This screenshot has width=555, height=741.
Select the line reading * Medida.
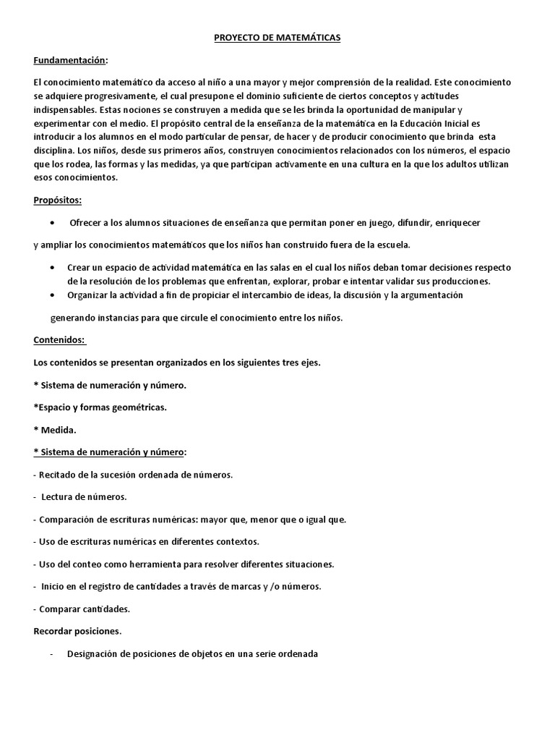point(55,430)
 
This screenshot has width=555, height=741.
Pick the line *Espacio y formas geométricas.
point(100,407)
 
